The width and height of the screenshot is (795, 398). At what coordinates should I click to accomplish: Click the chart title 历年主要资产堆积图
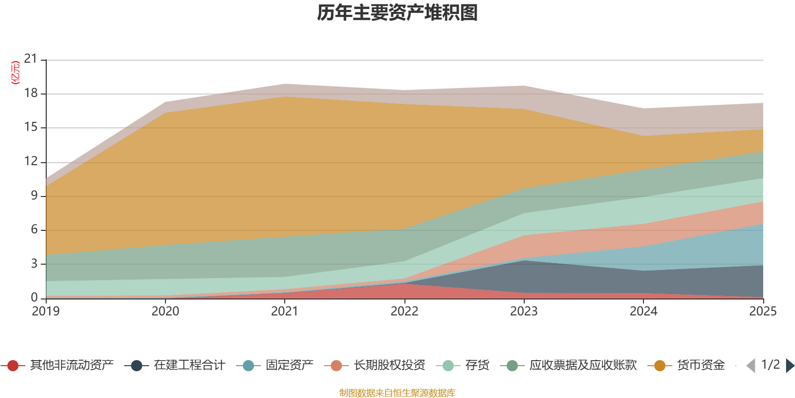pos(397,13)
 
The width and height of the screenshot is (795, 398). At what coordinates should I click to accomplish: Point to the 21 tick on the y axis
pos(31,59)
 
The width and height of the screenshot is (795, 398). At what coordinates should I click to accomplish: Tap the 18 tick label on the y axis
pos(31,93)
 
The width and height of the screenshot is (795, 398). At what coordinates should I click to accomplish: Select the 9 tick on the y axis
pos(34,196)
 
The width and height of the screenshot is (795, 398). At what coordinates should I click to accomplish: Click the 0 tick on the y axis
pos(34,298)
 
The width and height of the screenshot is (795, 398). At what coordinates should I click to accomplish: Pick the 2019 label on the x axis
pos(46,311)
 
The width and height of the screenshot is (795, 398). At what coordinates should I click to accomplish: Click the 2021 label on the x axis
pos(285,311)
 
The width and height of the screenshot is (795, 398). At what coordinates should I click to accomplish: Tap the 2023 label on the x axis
pos(524,311)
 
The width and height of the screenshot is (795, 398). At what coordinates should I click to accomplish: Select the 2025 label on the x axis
pos(763,311)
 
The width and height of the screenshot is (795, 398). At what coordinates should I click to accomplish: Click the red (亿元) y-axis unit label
pos(15,73)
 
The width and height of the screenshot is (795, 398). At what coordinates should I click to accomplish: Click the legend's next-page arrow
pos(790,366)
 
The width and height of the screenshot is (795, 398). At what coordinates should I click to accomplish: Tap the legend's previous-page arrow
pos(751,366)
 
